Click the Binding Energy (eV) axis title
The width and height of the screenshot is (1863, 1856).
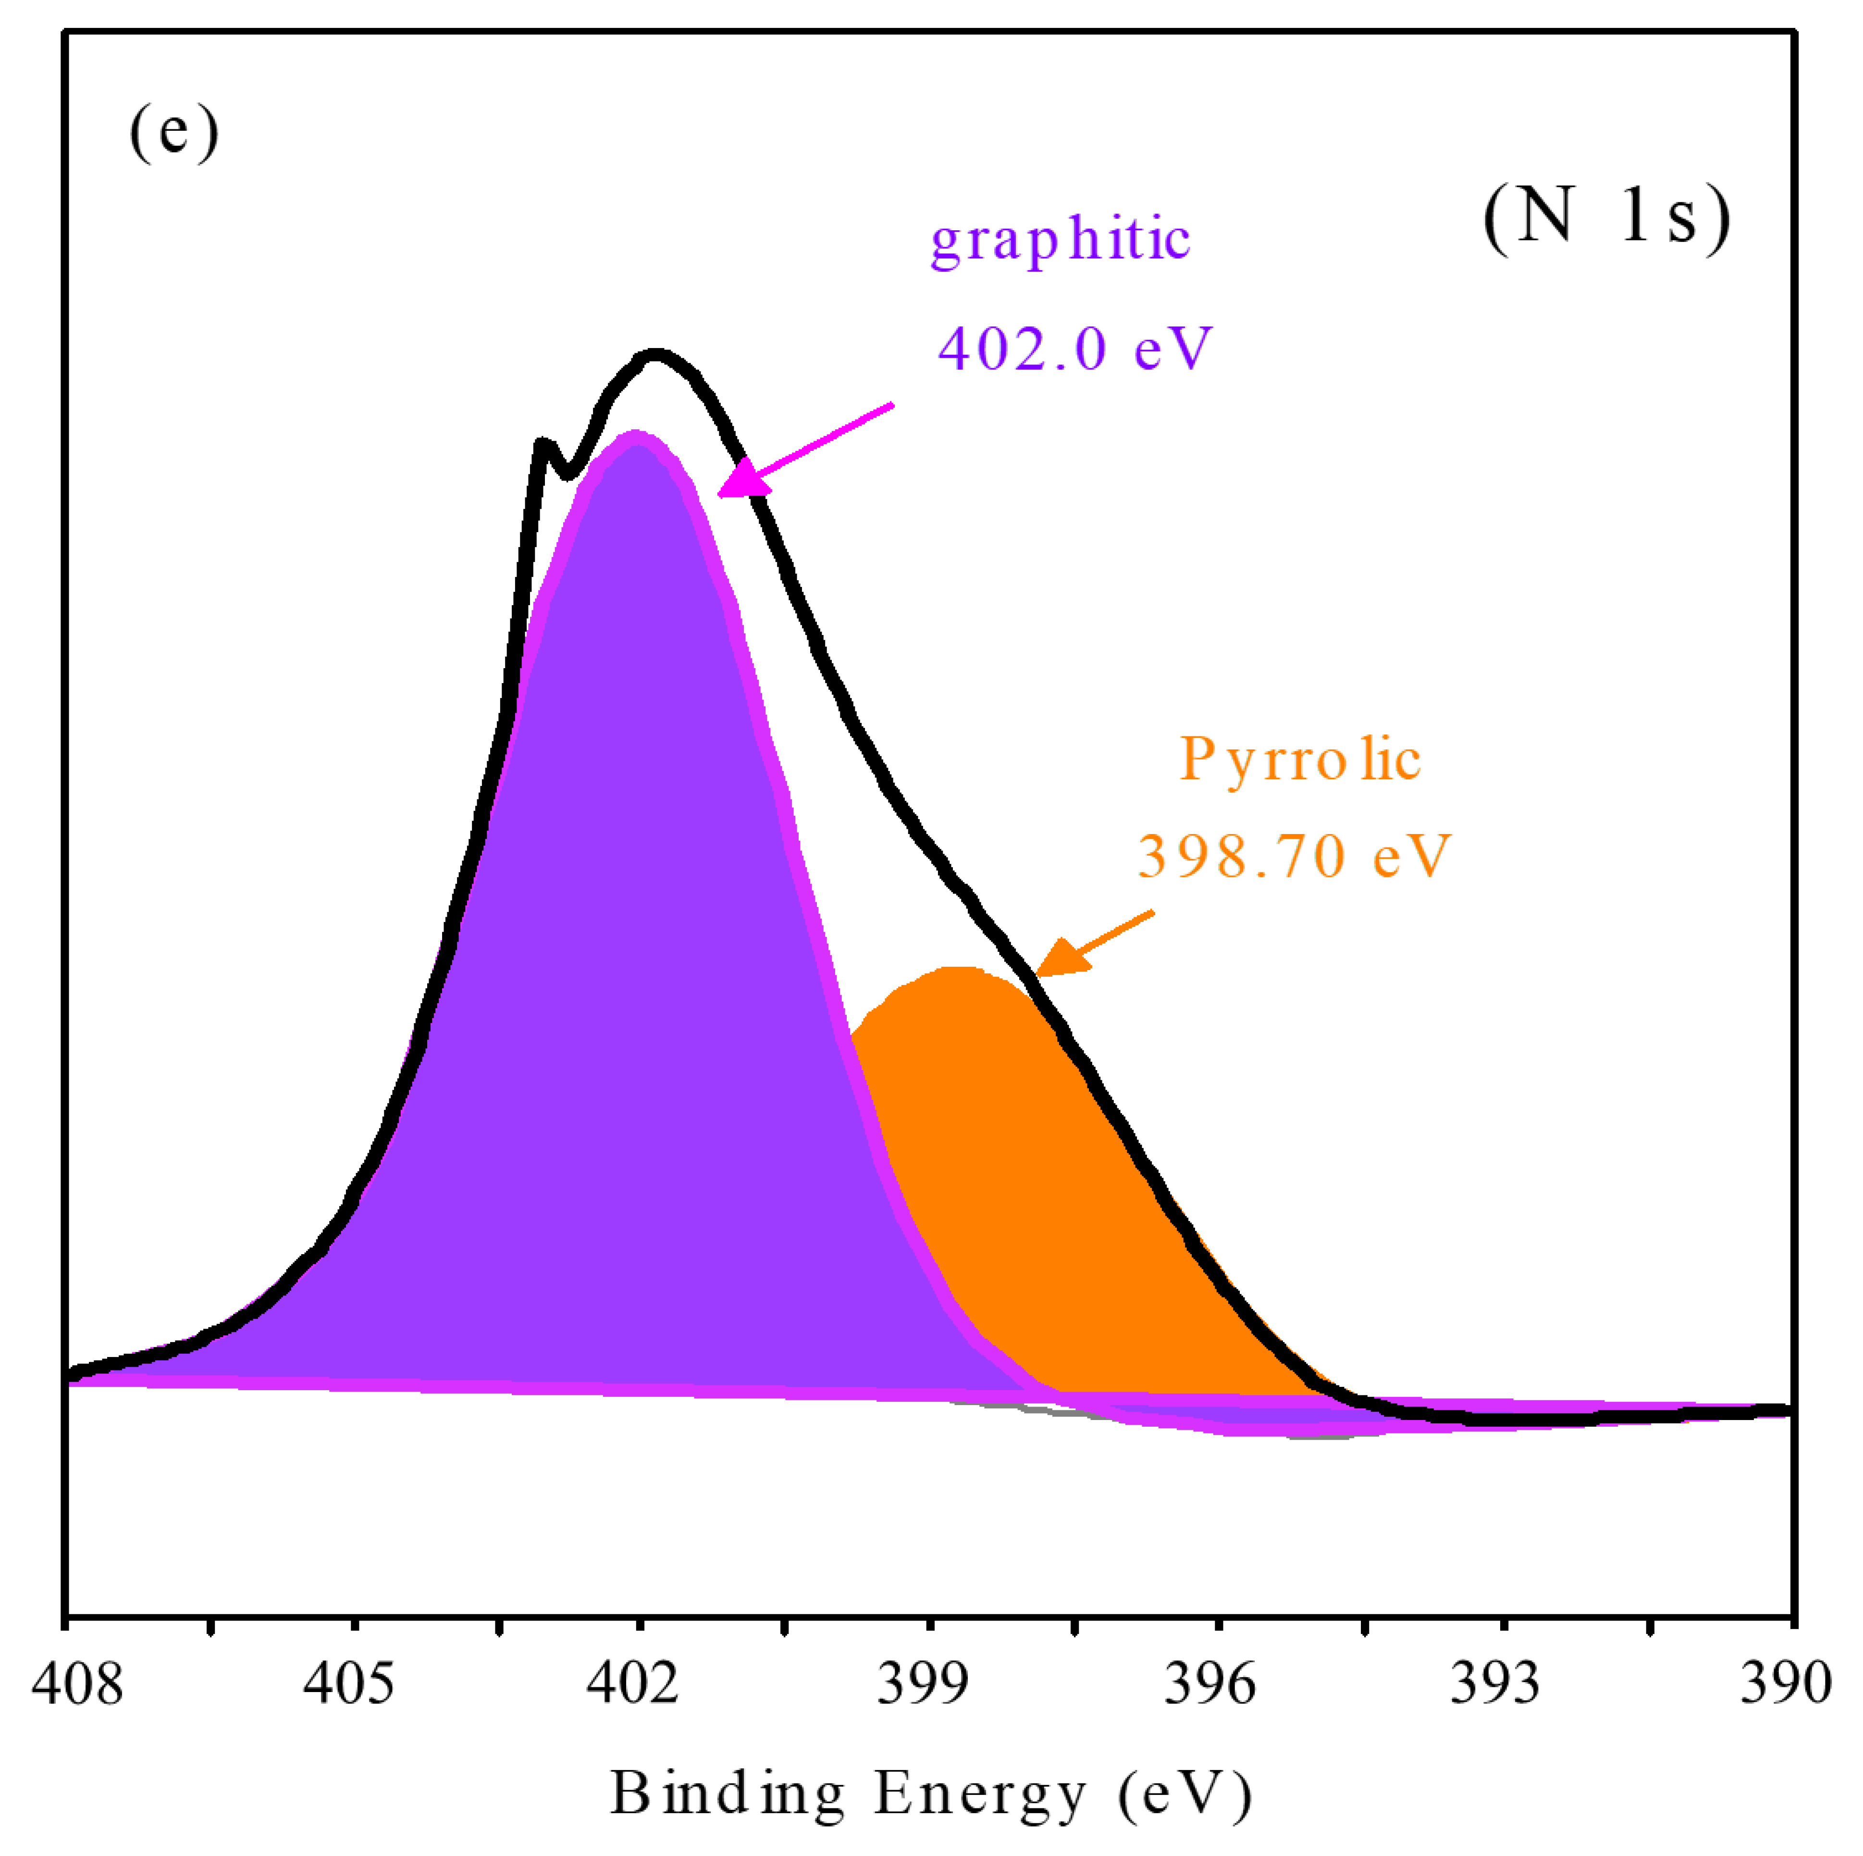930,1794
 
